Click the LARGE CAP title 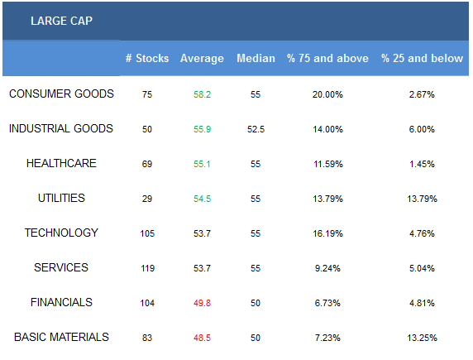tap(61, 21)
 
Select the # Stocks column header tap(147, 58)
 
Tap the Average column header tap(202, 58)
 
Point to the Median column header tap(256, 58)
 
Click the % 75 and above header tap(327, 58)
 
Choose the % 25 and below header tap(422, 58)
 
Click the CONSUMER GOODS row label tap(61, 94)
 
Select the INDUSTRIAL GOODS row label tap(61, 128)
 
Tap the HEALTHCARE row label tap(61, 163)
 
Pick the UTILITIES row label tap(61, 198)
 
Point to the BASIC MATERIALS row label tap(61, 337)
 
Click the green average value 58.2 tap(202, 94)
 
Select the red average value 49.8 tap(202, 303)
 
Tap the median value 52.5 tap(256, 129)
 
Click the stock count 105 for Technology tap(147, 233)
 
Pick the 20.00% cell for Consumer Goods tap(327, 94)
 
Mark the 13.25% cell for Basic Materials tap(422, 338)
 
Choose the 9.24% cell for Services tap(327, 268)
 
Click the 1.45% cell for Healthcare tap(422, 164)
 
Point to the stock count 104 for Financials tap(147, 303)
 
